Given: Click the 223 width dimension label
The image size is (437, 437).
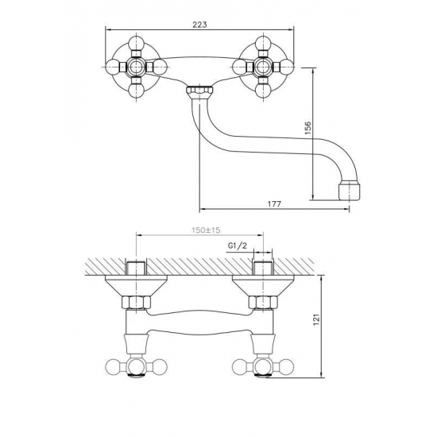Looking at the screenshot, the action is coord(199,25).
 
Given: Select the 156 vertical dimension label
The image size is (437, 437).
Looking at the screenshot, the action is coord(307,128).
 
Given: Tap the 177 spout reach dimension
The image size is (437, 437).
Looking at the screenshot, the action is coord(275,204).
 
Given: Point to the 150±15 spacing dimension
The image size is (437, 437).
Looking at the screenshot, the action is coord(206,230).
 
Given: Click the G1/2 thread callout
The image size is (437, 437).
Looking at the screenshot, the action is coord(238,246).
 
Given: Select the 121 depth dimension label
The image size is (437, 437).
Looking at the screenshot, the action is coord(316,319).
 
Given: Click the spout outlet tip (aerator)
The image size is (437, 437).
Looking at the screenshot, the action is coord(350,191).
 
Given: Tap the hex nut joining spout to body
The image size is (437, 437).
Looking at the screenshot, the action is coord(199,91).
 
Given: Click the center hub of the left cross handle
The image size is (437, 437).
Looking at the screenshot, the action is coord(137,67).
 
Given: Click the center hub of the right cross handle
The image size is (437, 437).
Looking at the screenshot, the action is coord(262,67).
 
